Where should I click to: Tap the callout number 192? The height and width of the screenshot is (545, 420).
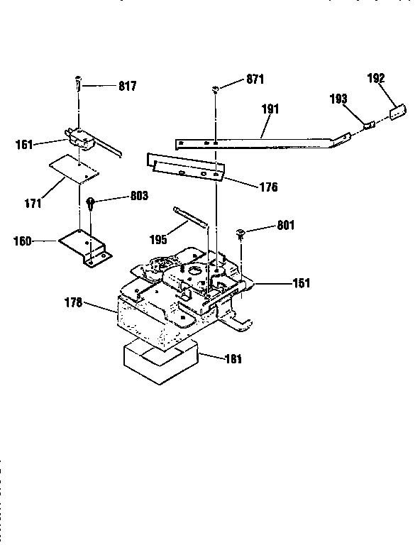[376, 78]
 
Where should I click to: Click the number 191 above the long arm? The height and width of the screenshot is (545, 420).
[270, 109]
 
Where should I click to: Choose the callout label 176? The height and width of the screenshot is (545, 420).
[267, 188]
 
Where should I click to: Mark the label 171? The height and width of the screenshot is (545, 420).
[32, 204]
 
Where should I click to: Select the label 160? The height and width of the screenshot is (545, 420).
[23, 241]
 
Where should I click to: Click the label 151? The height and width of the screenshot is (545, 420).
[302, 283]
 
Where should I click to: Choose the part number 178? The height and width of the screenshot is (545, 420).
[74, 303]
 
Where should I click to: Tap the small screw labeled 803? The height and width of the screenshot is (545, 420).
[91, 204]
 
